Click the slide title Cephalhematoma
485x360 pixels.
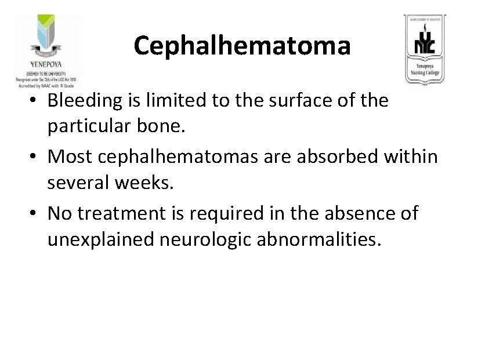coord(242,45)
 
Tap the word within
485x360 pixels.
coord(417,157)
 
